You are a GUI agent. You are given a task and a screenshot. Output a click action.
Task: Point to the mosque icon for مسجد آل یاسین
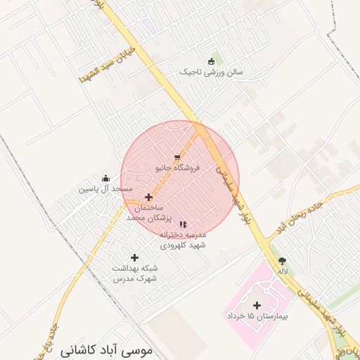105,178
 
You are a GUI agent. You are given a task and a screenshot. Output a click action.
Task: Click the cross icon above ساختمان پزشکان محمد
148,197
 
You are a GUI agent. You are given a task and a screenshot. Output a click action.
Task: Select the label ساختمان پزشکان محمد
145,214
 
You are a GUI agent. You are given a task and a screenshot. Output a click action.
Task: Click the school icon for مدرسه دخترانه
184,224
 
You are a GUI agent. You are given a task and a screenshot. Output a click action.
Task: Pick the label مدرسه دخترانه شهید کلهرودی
183,240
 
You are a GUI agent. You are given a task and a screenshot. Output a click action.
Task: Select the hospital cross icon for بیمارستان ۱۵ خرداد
257,305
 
